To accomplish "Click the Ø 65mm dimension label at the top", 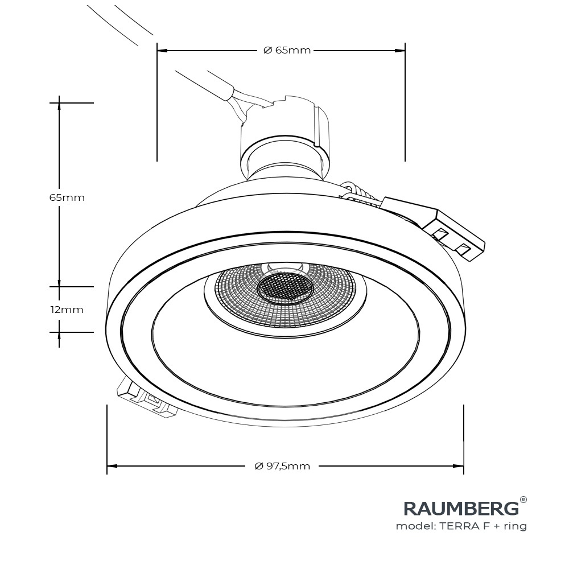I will [287, 50].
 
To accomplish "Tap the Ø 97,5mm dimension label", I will [283, 466].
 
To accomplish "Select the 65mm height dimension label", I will [67, 197].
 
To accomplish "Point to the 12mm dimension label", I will [67, 310].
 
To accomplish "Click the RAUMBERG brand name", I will [461, 508].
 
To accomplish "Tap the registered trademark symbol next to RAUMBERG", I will [523, 500].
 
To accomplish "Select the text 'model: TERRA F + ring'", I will [461, 526].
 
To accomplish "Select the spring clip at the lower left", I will [145, 398].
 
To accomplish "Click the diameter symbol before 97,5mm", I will [259, 466].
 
